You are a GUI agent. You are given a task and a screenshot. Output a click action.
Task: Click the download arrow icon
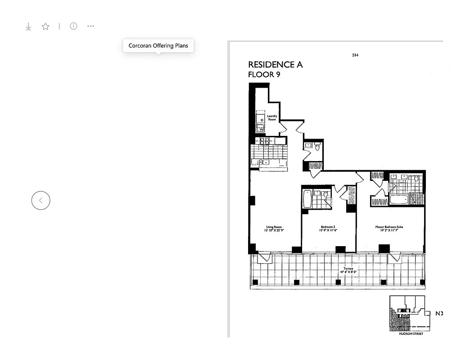[x=28, y=27]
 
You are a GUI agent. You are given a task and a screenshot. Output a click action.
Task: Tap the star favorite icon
[x=45, y=27]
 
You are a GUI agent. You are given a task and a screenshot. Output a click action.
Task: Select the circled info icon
[x=73, y=26]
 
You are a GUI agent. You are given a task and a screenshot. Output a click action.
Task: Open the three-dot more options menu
[x=91, y=26]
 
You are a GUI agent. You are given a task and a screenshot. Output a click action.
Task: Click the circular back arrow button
[x=41, y=200]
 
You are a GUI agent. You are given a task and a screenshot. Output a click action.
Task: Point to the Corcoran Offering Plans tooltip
[x=158, y=46]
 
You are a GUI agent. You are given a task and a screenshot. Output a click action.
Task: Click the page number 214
[x=355, y=55]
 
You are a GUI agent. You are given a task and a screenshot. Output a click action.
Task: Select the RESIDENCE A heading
[x=275, y=65]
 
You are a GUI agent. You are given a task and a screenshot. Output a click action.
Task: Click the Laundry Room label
[x=272, y=118]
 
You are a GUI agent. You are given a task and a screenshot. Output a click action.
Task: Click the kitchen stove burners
[x=265, y=141]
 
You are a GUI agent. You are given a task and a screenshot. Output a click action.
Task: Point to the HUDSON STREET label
[x=407, y=334]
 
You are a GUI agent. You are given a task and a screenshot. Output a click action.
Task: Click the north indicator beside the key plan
[x=439, y=313]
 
